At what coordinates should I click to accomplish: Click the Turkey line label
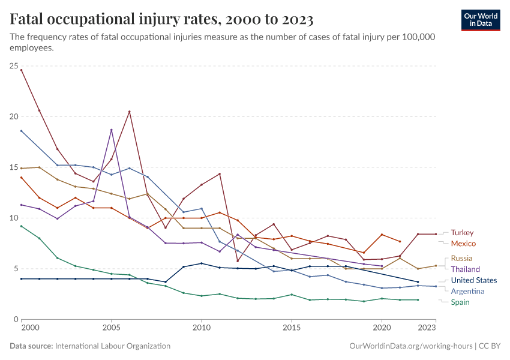(462, 232)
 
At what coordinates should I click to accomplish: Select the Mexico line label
(463, 244)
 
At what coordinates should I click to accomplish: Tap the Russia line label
(461, 258)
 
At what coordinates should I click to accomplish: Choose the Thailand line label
(466, 269)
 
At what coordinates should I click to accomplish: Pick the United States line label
(473, 280)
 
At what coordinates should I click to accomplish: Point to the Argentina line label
(468, 291)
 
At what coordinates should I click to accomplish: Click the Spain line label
(460, 302)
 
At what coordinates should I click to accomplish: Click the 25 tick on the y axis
(13, 65)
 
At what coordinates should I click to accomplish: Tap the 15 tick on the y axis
(13, 167)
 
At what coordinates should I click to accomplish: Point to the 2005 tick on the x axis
(111, 328)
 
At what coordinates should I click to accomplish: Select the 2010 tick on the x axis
(201, 328)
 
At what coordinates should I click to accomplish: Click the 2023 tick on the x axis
(427, 328)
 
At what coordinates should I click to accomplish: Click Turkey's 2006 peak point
(129, 112)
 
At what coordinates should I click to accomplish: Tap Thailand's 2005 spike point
(111, 130)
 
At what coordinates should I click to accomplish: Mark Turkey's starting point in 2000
(22, 70)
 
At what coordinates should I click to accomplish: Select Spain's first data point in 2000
(22, 226)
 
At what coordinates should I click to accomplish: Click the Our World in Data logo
(480, 20)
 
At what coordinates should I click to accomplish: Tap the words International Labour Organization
(112, 346)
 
